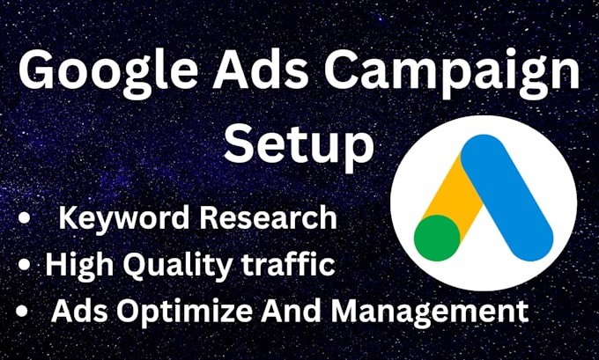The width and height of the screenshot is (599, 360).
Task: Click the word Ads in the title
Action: (x=260, y=72)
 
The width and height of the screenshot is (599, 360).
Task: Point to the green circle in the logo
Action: (x=437, y=238)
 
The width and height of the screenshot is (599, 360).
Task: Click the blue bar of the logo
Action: (x=507, y=197)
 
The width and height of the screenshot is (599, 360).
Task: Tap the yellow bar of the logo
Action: (x=450, y=191)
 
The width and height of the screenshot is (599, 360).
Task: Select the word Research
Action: (x=269, y=217)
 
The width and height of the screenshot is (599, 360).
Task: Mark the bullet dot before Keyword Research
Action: (x=24, y=218)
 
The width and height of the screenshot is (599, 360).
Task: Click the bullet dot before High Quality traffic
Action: (x=24, y=264)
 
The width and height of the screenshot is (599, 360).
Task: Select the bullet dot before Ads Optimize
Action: (x=22, y=311)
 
